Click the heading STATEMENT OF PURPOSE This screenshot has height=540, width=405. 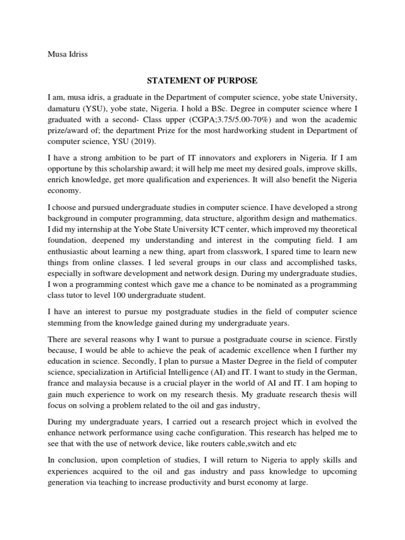[x=202, y=81]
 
